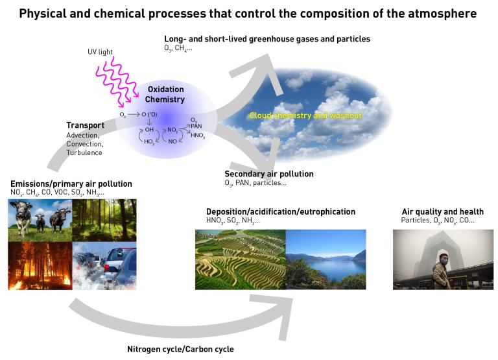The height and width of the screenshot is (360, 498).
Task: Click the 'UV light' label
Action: pos(101,52)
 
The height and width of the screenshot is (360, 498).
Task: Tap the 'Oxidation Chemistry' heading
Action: pos(165,94)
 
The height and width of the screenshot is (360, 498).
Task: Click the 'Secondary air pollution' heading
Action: pos(268,174)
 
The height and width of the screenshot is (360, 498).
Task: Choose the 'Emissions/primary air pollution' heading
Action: pos(71,184)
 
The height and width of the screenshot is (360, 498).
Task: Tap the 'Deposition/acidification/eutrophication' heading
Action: pos(280,211)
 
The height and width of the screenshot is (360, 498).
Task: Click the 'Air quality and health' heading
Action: pos(442,211)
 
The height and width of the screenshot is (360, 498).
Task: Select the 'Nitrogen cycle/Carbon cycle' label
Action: pos(180,349)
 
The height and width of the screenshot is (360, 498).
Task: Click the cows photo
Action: pos(40,221)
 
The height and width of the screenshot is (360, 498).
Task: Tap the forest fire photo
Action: pos(40,266)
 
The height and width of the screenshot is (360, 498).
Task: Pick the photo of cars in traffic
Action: pos(104,266)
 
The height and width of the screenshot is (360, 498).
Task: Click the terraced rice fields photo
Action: pos(240,259)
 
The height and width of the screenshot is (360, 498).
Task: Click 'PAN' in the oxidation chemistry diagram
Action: pos(196,125)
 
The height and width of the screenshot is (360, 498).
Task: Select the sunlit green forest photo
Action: pos(104,221)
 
